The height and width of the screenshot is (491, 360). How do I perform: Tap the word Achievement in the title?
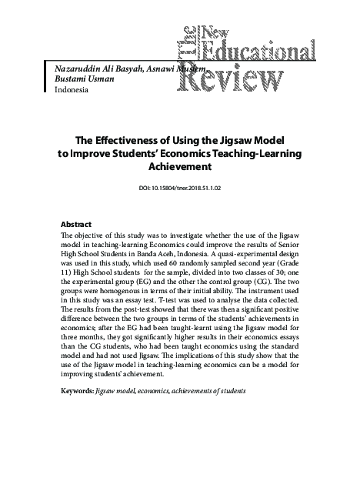click(178, 165)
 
